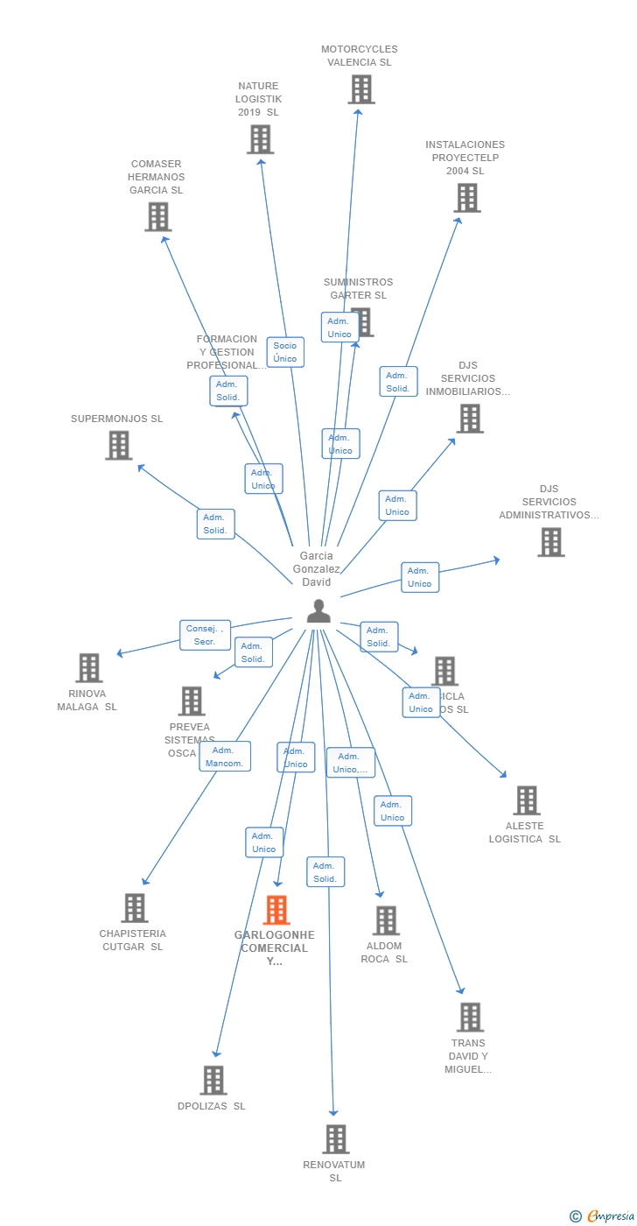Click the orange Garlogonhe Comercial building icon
(276, 911)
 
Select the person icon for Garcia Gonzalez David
(318, 611)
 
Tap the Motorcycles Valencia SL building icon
(360, 89)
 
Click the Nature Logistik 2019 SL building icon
(260, 139)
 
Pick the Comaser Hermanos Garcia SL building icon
(158, 216)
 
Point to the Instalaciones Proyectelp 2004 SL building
(467, 198)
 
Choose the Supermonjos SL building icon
(118, 446)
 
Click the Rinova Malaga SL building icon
(88, 668)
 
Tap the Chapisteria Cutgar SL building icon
(134, 908)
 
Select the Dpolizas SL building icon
(213, 1081)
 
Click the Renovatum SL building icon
(336, 1139)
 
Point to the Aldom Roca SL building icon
(386, 920)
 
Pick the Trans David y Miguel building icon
(470, 1018)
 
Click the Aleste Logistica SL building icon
(526, 800)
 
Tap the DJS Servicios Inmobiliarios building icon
(470, 419)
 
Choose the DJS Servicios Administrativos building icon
(550, 542)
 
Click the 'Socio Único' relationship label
(285, 352)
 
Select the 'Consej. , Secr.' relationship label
(206, 635)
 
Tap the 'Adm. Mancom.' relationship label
(225, 757)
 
